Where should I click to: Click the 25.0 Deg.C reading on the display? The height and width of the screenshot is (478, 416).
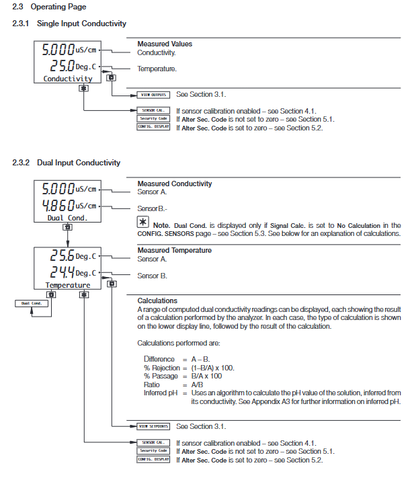click(73, 67)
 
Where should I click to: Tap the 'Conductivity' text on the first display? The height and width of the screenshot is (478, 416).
click(68, 79)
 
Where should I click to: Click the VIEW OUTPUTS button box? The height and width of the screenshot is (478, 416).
click(153, 95)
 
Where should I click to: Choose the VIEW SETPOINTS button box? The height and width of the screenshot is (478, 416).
click(153, 426)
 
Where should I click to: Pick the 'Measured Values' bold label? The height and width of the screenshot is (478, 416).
click(165, 44)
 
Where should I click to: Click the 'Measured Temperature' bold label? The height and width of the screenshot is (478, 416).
click(174, 251)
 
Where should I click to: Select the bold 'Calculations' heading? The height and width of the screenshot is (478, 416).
click(157, 301)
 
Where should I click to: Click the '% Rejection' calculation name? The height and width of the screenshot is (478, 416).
click(161, 368)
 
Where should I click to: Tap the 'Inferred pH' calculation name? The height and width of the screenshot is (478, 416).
click(160, 393)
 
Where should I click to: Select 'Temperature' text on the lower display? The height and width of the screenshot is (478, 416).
click(68, 285)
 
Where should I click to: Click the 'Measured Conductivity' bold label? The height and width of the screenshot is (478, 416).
click(175, 184)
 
